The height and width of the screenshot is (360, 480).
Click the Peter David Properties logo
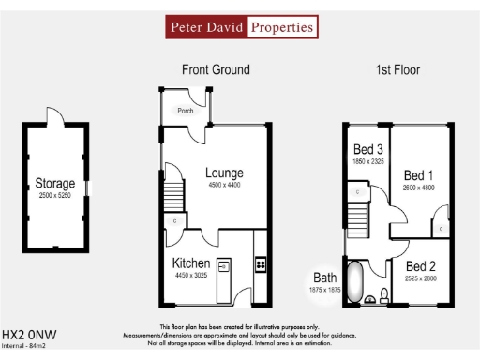[x=241, y=27]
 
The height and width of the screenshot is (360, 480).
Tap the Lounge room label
[x=225, y=173]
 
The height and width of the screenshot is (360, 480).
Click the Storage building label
[x=54, y=183]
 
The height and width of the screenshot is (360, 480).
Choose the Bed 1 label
[x=418, y=175]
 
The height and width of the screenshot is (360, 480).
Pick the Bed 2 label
[x=419, y=265]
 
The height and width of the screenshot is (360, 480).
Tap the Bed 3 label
[x=367, y=149]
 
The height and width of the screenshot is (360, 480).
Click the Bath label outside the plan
[x=324, y=277]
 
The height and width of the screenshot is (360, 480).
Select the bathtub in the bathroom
[x=355, y=283]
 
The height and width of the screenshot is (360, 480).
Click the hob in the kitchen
[x=262, y=263]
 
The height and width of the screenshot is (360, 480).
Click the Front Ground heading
[x=216, y=70]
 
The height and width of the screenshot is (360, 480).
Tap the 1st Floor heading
[x=398, y=70]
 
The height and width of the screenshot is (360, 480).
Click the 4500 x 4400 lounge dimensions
[x=225, y=186]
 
